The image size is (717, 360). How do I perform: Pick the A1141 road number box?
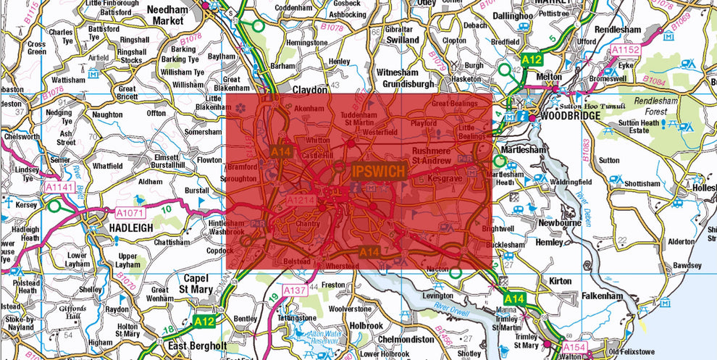[x=59, y=187]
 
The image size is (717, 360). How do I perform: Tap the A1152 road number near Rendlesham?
[x=626, y=50]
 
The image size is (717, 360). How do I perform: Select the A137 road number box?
[x=295, y=290]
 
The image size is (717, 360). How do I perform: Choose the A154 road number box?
[x=574, y=349]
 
